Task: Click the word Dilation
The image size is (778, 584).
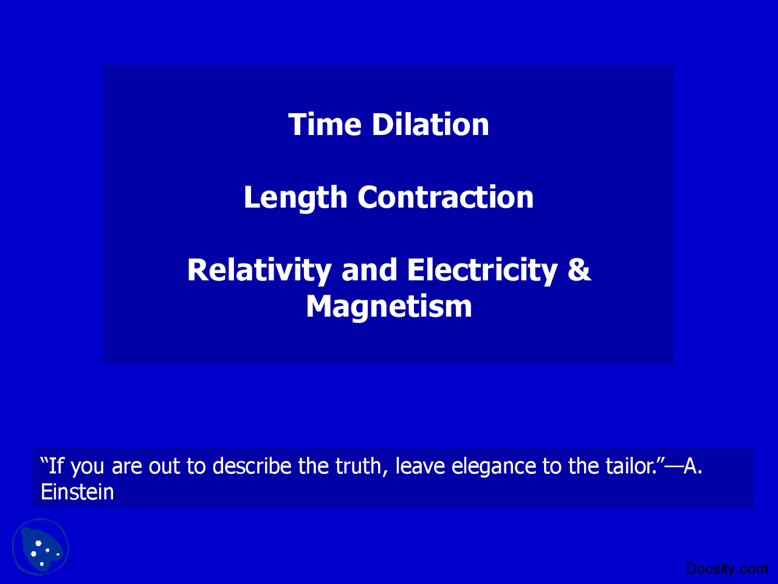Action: coord(430,125)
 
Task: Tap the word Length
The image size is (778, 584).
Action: coord(295,198)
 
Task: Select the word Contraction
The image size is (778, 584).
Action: coord(446,198)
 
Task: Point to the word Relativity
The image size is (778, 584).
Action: coord(259,270)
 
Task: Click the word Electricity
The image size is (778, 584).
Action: coord(482,270)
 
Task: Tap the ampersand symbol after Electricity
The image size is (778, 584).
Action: coord(579,270)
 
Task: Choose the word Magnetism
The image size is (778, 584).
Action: coord(389,306)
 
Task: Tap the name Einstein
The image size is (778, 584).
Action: coord(77,492)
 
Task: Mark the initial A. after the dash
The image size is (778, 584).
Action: coord(693,467)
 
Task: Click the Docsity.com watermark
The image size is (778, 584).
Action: coord(726,569)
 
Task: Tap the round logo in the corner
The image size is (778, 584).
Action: coord(41,547)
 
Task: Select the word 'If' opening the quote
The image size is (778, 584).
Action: coord(56,467)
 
